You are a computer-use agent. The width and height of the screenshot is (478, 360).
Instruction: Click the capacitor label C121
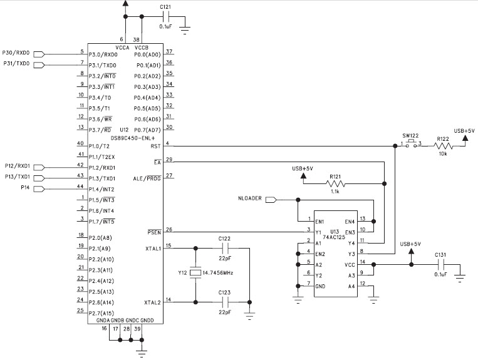[x=165, y=7]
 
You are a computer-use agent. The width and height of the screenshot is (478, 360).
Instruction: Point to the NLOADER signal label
[x=251, y=200]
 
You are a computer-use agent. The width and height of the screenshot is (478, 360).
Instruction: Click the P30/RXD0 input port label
[x=16, y=53]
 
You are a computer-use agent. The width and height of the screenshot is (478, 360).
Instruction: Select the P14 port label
[x=25, y=187]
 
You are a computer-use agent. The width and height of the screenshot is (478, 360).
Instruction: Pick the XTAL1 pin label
[x=153, y=248]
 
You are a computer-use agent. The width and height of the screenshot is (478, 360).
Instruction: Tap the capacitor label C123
[x=225, y=292]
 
